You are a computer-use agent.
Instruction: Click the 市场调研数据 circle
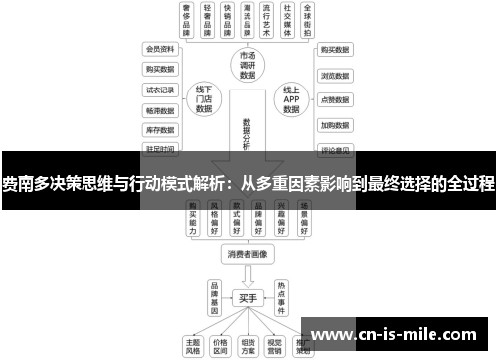click(248, 64)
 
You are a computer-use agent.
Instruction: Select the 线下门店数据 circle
click(204, 99)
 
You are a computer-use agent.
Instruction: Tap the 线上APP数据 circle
click(291, 99)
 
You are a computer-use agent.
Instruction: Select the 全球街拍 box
click(312, 20)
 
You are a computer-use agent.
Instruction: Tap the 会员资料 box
click(160, 49)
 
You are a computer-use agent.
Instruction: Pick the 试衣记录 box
click(160, 90)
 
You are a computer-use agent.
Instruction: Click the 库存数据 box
click(160, 129)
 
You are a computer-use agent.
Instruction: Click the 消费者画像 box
click(248, 254)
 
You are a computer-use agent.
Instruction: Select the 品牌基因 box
click(214, 295)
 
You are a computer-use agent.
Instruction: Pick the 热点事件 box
click(281, 295)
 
